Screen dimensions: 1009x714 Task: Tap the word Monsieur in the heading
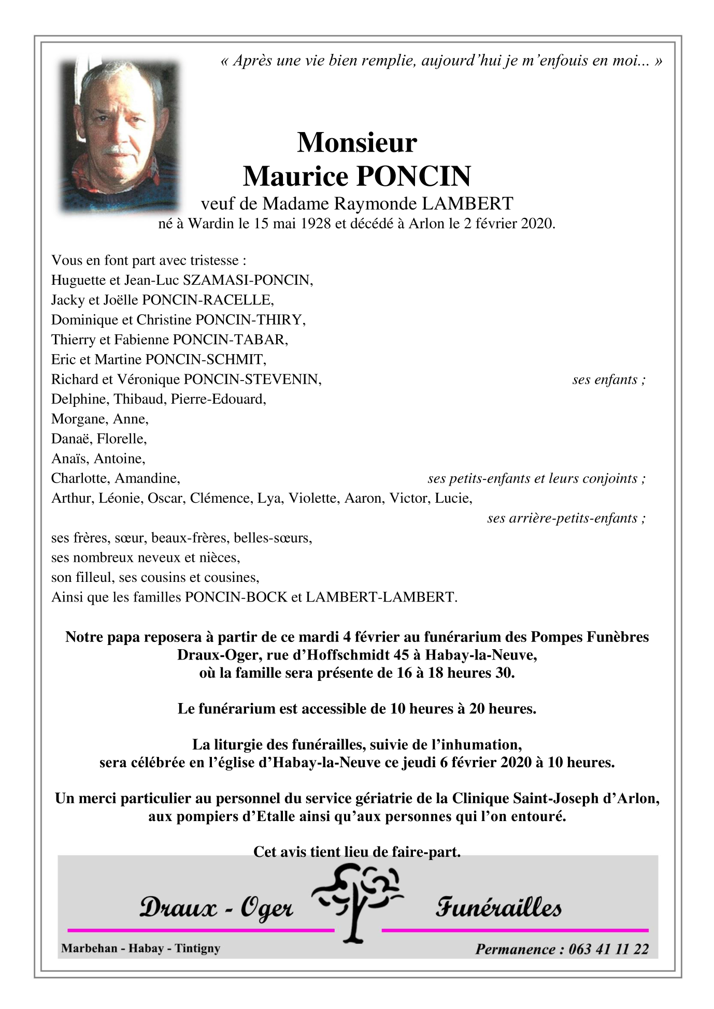click(x=357, y=142)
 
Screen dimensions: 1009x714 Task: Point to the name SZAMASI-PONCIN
click(x=247, y=280)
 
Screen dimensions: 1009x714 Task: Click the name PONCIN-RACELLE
click(x=207, y=300)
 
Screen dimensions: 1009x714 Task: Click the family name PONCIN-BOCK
click(x=236, y=597)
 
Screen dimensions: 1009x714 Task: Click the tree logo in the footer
click(x=357, y=903)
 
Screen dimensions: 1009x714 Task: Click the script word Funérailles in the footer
click(x=498, y=908)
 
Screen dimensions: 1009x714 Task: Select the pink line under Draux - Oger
click(x=201, y=930)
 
